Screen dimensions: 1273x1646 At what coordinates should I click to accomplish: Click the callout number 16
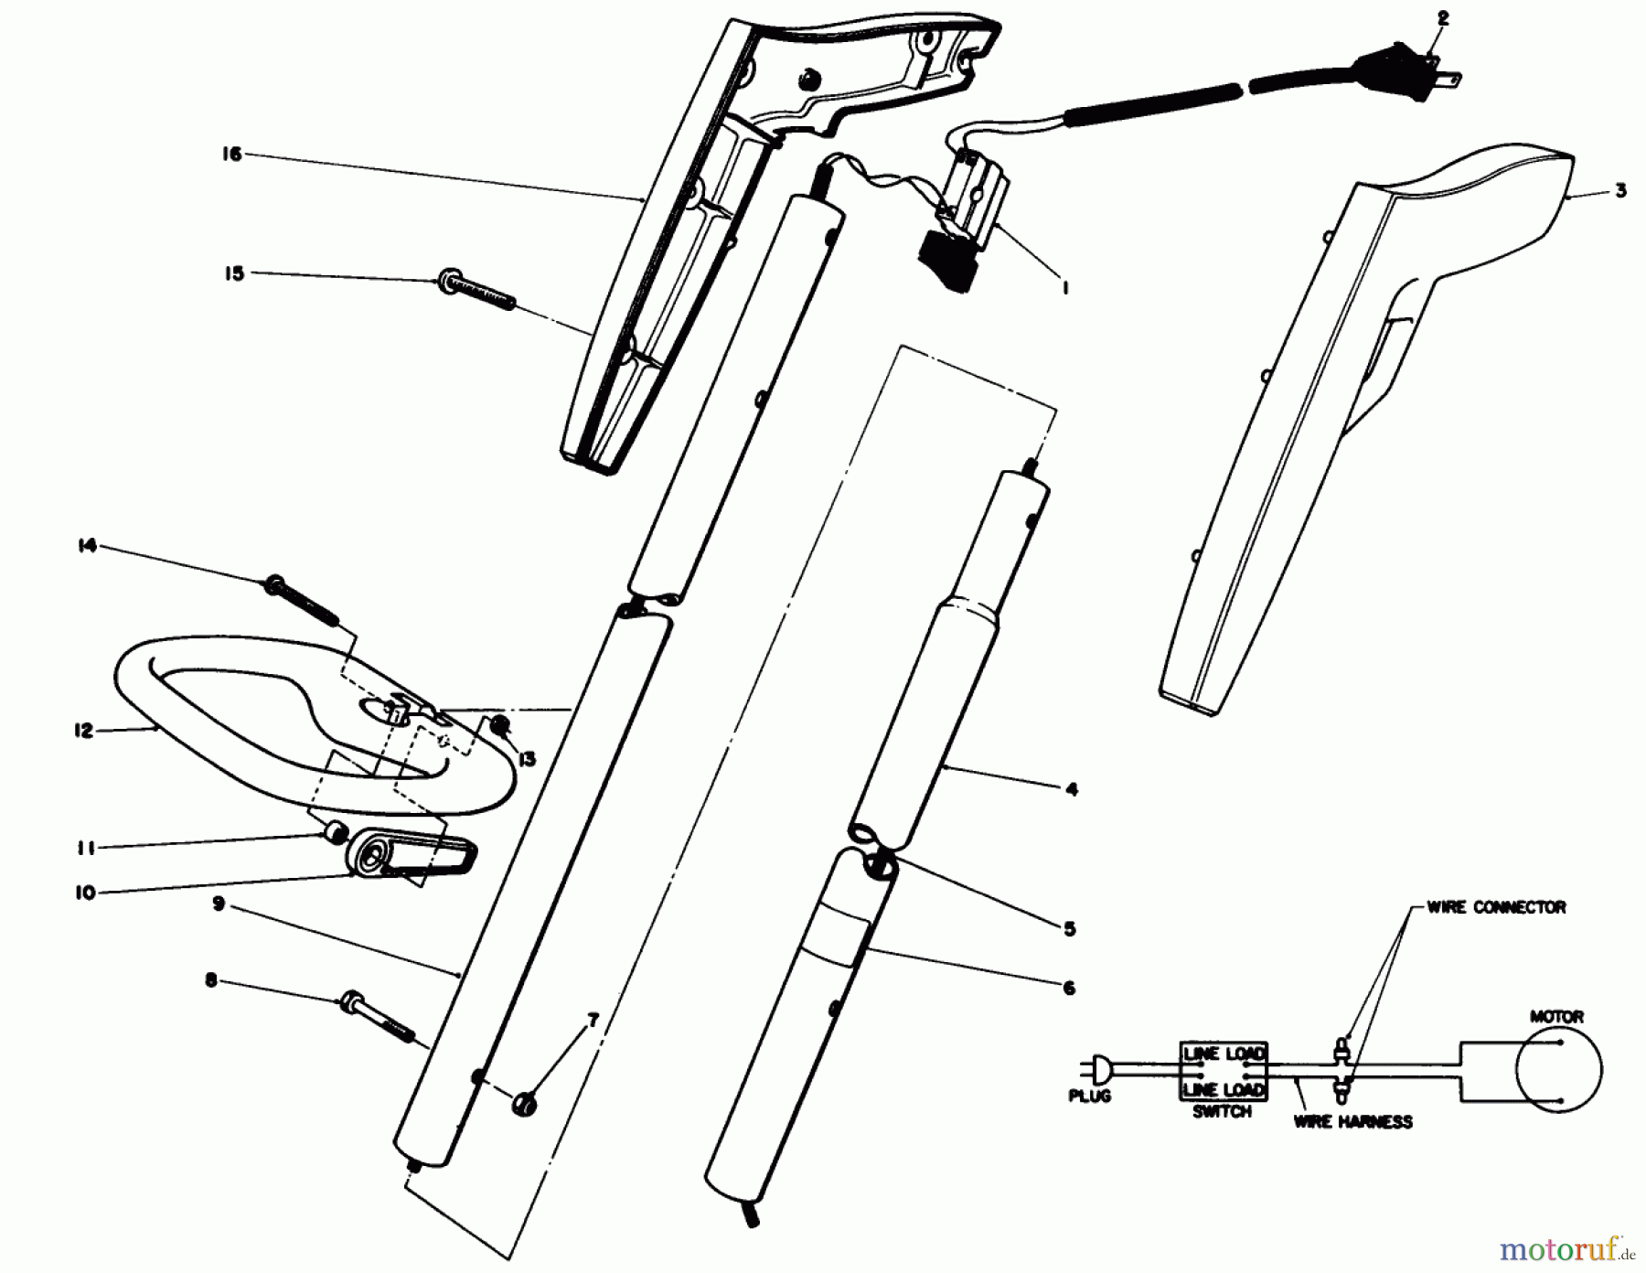[232, 155]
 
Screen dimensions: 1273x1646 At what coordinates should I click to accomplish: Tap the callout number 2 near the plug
[1443, 17]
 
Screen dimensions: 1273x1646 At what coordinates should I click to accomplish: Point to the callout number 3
[1620, 192]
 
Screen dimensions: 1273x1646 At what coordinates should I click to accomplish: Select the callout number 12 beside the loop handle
[84, 731]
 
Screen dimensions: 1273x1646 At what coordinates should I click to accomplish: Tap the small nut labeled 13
[501, 727]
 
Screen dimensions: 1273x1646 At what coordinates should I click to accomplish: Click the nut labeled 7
[525, 1103]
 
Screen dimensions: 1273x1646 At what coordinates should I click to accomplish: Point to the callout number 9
[218, 904]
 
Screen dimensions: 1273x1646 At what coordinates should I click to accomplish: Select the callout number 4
[1072, 788]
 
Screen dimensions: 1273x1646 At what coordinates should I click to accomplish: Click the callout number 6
[1069, 988]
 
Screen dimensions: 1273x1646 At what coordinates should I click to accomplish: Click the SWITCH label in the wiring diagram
[1222, 1112]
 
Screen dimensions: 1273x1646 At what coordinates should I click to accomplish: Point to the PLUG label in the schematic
[1090, 1096]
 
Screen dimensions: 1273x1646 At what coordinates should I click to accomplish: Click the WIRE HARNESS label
[1352, 1121]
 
